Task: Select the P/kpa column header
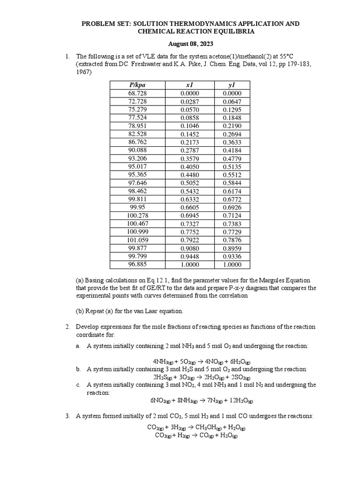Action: pyautogui.click(x=137, y=85)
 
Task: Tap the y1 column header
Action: pyautogui.click(x=232, y=85)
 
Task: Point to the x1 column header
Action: pyautogui.click(x=190, y=85)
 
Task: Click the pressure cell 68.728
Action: pyautogui.click(x=137, y=93)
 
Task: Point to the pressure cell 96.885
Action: pyautogui.click(x=137, y=264)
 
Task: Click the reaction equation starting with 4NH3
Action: pyautogui.click(x=202, y=362)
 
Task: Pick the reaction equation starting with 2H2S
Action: pyautogui.click(x=202, y=377)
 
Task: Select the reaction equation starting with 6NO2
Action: pyautogui.click(x=202, y=401)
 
